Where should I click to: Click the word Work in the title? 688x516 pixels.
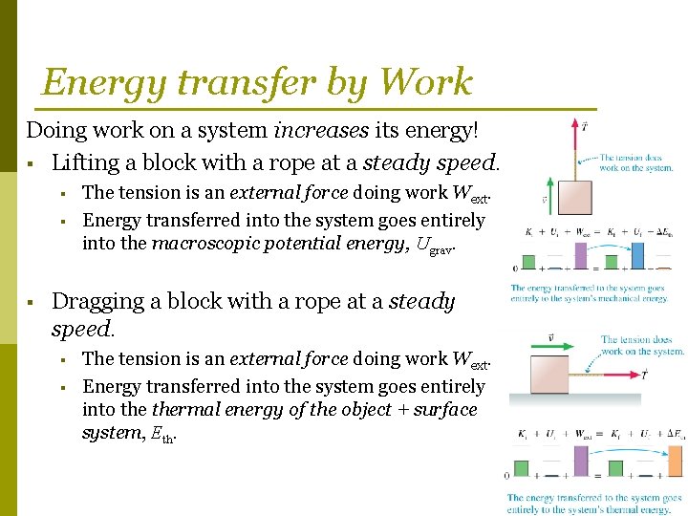click(x=425, y=82)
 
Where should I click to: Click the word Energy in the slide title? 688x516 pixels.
click(x=92, y=83)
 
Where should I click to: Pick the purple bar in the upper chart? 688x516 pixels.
click(x=581, y=256)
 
